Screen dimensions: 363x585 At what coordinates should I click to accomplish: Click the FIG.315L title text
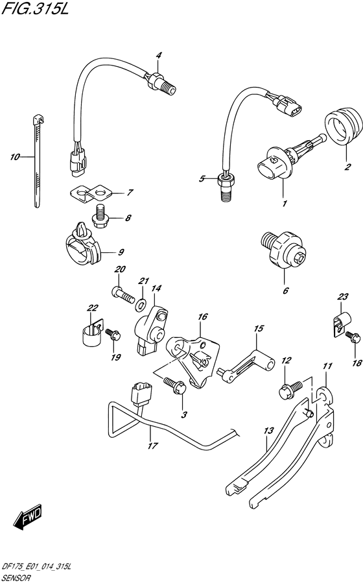[35, 8]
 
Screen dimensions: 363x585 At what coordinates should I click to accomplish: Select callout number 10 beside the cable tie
[15, 157]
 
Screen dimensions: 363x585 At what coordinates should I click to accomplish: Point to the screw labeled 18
[353, 337]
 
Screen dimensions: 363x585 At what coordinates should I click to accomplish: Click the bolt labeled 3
[175, 385]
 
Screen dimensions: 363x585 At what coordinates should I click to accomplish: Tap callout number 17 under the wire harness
[152, 446]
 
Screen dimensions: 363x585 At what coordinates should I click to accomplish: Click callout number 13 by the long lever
[268, 431]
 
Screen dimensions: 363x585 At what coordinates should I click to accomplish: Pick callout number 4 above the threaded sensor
[159, 55]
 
